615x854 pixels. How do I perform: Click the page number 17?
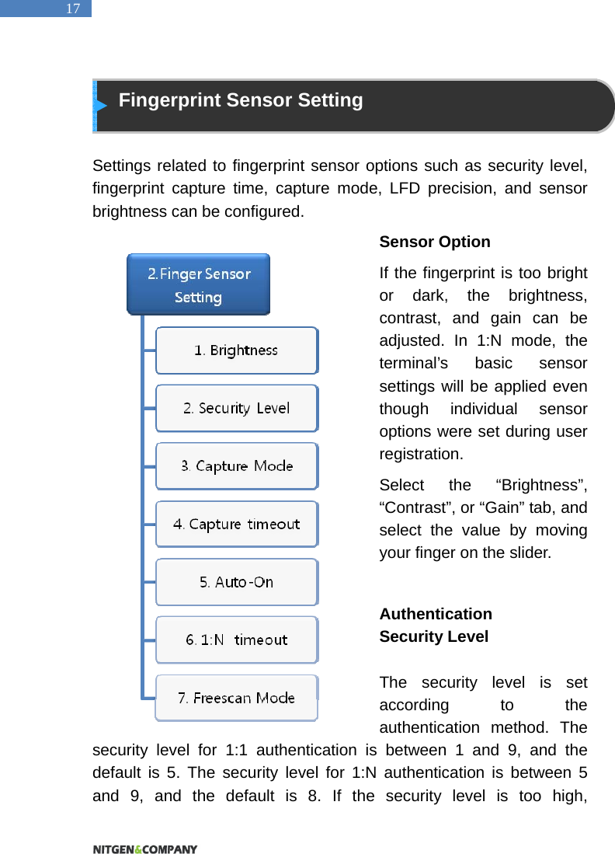coord(72,9)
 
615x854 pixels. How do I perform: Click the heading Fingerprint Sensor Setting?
coord(241,100)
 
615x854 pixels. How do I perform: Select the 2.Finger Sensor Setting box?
coord(199,284)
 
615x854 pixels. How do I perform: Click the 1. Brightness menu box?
coord(236,350)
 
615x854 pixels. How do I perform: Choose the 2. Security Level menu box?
coord(236,408)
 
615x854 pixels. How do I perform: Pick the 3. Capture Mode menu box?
coord(236,466)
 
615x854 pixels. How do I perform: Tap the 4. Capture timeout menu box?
coord(236,524)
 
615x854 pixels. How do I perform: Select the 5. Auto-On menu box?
coord(236,582)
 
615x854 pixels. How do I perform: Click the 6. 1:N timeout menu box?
coord(236,640)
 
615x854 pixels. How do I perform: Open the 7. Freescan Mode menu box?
coord(236,698)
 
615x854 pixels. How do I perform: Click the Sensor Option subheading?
coord(434,242)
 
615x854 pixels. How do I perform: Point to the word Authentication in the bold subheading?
coord(435,614)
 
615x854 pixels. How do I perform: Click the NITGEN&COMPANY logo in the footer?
coord(145,849)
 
